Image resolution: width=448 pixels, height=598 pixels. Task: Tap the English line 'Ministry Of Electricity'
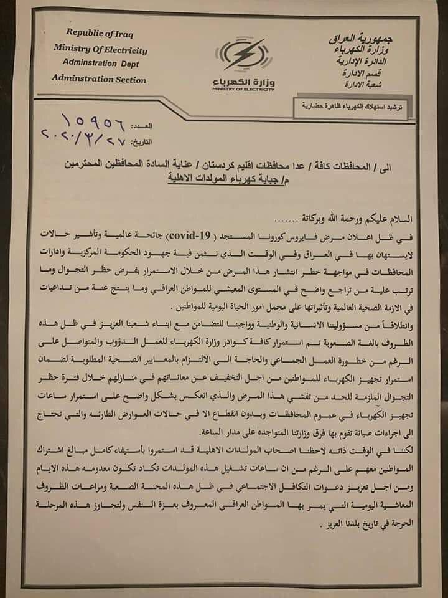click(x=100, y=49)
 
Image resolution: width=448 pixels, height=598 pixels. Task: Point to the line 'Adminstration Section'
click(x=99, y=80)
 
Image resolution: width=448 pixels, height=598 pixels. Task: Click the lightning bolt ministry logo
click(x=243, y=57)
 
